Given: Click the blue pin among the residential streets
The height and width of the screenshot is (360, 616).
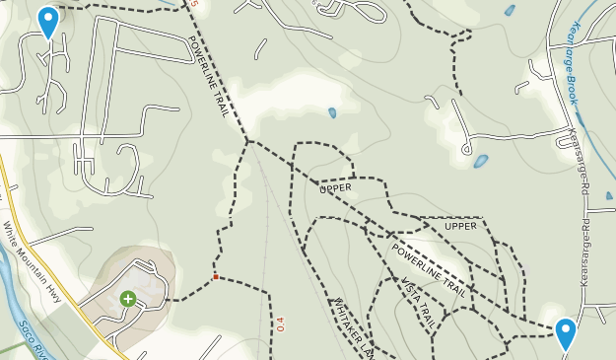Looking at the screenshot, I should tap(47, 21).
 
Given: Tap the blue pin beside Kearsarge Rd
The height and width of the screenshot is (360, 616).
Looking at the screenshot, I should tap(566, 332).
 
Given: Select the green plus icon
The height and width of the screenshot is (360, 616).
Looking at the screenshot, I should tap(128, 298).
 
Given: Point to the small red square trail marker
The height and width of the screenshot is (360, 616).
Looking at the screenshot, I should tap(215, 277).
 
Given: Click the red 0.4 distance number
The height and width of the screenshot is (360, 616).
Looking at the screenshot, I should tap(280, 323).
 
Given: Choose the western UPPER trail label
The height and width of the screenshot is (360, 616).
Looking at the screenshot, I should tap(335, 186).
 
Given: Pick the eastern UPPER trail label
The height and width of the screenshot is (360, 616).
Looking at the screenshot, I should tap(460, 227).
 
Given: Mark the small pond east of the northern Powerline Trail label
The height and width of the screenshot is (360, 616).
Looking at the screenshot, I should tap(332, 112).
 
